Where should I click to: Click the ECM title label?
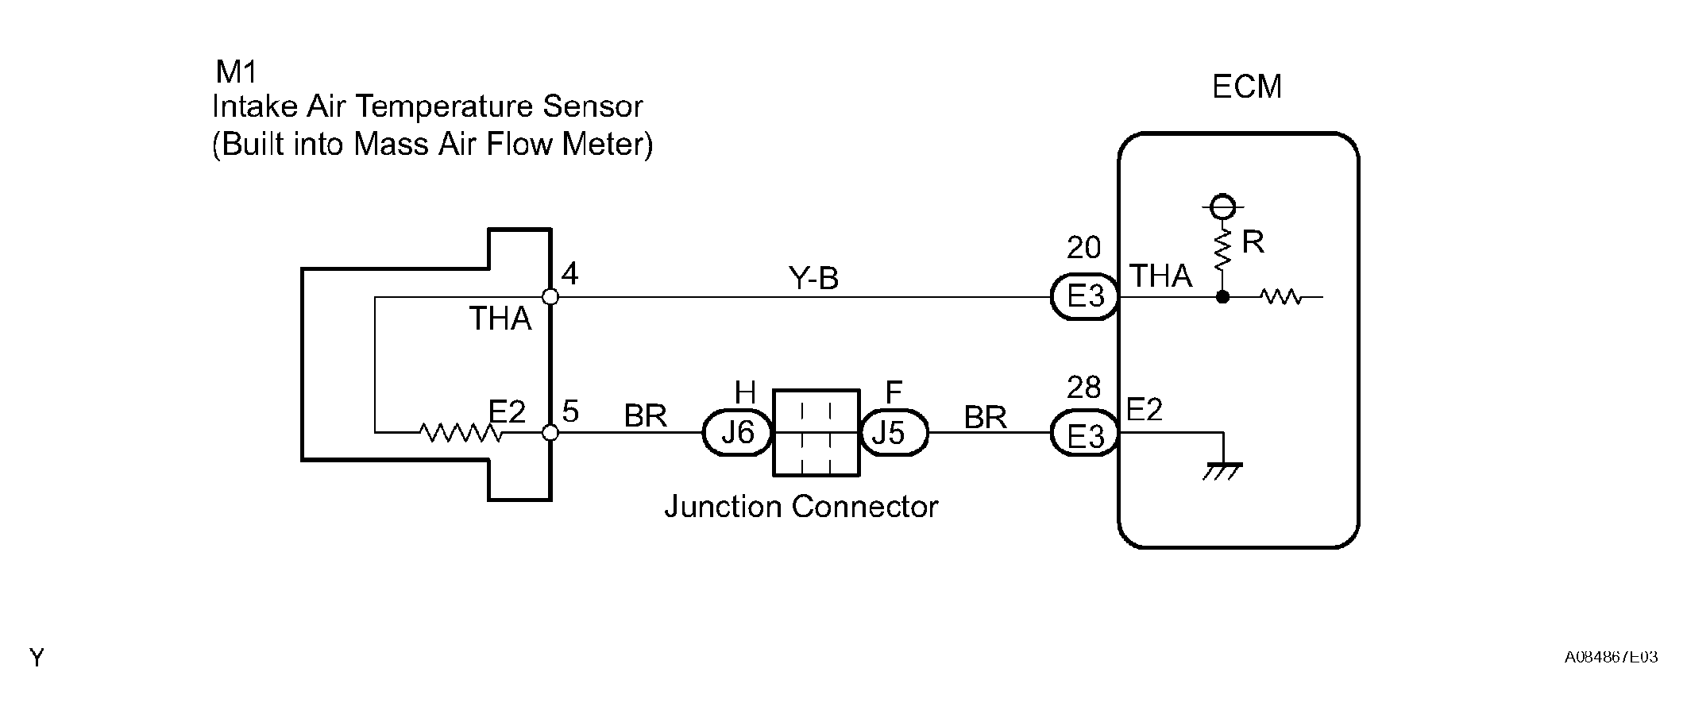point(1246,87)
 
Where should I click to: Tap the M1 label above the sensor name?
point(237,72)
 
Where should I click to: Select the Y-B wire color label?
point(814,279)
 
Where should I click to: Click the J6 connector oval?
point(738,433)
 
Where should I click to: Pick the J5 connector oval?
point(894,433)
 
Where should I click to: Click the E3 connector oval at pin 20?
point(1085,297)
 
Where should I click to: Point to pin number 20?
point(1083,248)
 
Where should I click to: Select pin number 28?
point(1083,388)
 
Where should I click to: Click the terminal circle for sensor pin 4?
point(550,297)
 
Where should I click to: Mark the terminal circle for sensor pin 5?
point(550,433)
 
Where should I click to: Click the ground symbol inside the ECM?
point(1223,471)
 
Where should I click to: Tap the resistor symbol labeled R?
point(1223,248)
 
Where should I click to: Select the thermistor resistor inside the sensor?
point(461,433)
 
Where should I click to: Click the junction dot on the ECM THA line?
point(1223,297)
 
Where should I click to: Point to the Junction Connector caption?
point(801,506)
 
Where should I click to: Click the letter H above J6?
point(745,392)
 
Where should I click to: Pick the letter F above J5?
point(894,392)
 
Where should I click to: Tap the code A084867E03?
point(1612,657)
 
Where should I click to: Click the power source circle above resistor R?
point(1223,207)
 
